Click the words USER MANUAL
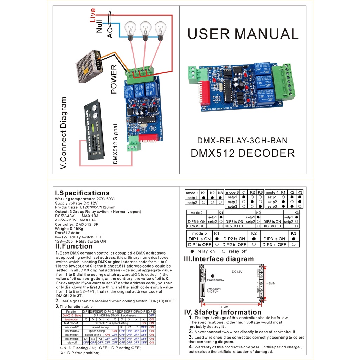click(x=243, y=34)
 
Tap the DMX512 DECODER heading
click(x=243, y=153)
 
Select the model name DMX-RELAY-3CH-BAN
click(x=242, y=141)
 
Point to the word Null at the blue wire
click(x=99, y=26)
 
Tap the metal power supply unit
click(x=89, y=66)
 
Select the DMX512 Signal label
click(x=116, y=144)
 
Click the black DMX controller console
click(x=94, y=130)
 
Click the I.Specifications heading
click(x=82, y=193)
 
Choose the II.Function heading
click(x=74, y=246)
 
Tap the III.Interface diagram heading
click(x=219, y=259)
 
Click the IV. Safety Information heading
click(x=223, y=312)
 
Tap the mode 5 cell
click(x=199, y=233)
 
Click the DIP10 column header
click(x=152, y=311)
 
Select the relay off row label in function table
click(x=72, y=342)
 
